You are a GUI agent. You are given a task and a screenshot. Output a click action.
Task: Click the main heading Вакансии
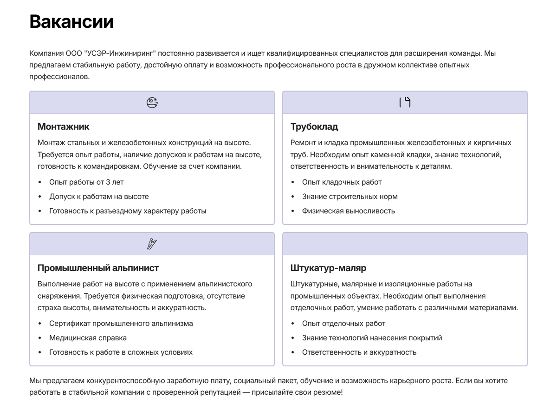click(x=71, y=22)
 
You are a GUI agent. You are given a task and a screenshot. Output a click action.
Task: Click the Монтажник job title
click(x=63, y=126)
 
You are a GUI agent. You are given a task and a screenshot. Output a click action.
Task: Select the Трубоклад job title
click(x=314, y=126)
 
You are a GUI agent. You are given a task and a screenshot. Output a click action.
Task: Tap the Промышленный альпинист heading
click(x=98, y=268)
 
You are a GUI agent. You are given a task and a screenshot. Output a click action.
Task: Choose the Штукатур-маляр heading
click(x=328, y=268)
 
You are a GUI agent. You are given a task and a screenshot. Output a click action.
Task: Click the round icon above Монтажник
click(x=152, y=102)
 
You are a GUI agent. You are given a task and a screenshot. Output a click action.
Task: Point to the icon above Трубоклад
click(x=405, y=102)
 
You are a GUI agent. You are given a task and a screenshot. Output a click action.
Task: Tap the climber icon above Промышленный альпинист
click(x=152, y=244)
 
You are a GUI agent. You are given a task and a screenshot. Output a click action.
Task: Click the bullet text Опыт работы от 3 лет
click(x=86, y=182)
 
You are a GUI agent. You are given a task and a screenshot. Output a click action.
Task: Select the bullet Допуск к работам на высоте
click(x=99, y=197)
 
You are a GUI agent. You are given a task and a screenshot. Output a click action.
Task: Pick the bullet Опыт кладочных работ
click(x=342, y=182)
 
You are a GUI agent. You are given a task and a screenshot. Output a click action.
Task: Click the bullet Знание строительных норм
click(x=350, y=197)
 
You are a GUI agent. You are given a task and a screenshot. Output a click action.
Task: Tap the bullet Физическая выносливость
click(x=348, y=211)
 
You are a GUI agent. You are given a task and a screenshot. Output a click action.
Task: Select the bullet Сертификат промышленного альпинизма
click(x=121, y=324)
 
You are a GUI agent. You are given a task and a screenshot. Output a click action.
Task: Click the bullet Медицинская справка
click(x=88, y=338)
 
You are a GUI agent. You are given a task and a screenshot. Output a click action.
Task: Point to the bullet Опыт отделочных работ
click(x=343, y=324)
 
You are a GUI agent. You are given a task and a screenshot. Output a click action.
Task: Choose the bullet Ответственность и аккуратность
click(x=359, y=352)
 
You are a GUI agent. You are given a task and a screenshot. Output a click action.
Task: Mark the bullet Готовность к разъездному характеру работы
click(x=128, y=211)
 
